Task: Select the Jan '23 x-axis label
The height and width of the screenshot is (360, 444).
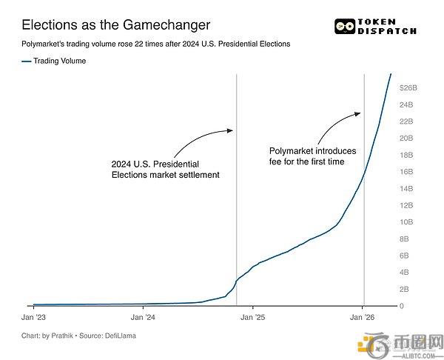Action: click(33, 317)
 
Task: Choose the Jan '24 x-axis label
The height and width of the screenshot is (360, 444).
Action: click(143, 317)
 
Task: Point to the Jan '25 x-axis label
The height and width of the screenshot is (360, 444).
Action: click(252, 317)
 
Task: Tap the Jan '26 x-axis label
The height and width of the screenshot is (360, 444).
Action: click(362, 317)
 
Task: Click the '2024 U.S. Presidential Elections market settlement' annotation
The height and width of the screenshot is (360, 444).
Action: click(165, 169)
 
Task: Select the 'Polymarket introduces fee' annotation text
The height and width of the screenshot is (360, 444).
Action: click(311, 155)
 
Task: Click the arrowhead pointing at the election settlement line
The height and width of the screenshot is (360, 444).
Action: click(229, 131)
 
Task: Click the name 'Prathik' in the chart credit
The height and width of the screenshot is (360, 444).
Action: click(64, 336)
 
